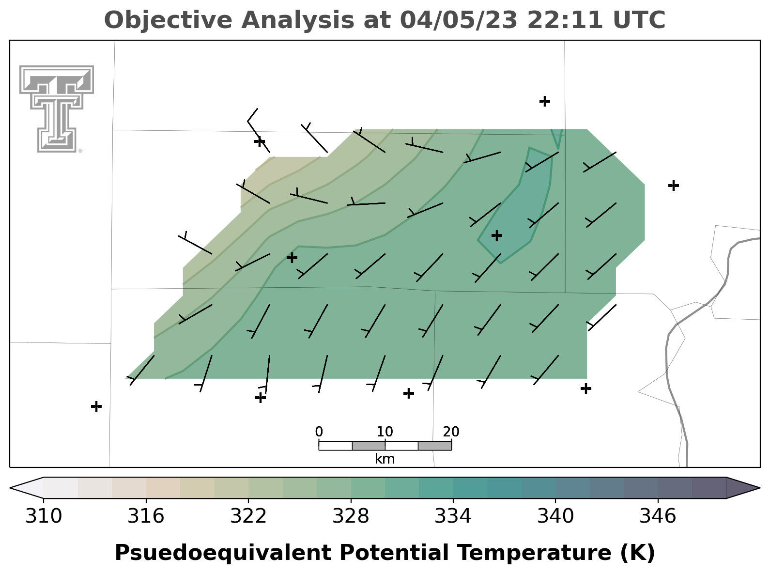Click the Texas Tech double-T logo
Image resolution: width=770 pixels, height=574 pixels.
click(x=57, y=109)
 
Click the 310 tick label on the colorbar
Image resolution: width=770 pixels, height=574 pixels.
click(x=44, y=516)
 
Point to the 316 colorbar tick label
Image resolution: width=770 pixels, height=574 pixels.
click(x=146, y=516)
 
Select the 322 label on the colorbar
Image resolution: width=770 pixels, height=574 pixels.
click(x=248, y=516)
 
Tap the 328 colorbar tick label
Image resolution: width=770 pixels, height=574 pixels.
click(x=351, y=516)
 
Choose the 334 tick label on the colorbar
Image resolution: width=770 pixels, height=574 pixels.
click(x=453, y=516)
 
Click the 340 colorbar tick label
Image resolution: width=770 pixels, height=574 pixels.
click(x=555, y=516)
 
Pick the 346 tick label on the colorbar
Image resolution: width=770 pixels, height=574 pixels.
click(x=658, y=516)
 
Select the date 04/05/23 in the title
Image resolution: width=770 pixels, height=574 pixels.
click(x=459, y=20)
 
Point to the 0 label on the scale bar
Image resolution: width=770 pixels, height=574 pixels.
click(x=319, y=432)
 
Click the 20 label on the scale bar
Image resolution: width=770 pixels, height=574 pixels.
click(x=451, y=432)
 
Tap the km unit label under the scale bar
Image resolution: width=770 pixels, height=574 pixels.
click(x=385, y=459)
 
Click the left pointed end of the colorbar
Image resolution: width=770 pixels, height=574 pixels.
click(x=11, y=488)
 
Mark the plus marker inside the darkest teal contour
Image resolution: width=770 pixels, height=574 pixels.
click(x=497, y=235)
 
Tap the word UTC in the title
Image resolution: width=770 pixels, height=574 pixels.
click(x=639, y=20)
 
